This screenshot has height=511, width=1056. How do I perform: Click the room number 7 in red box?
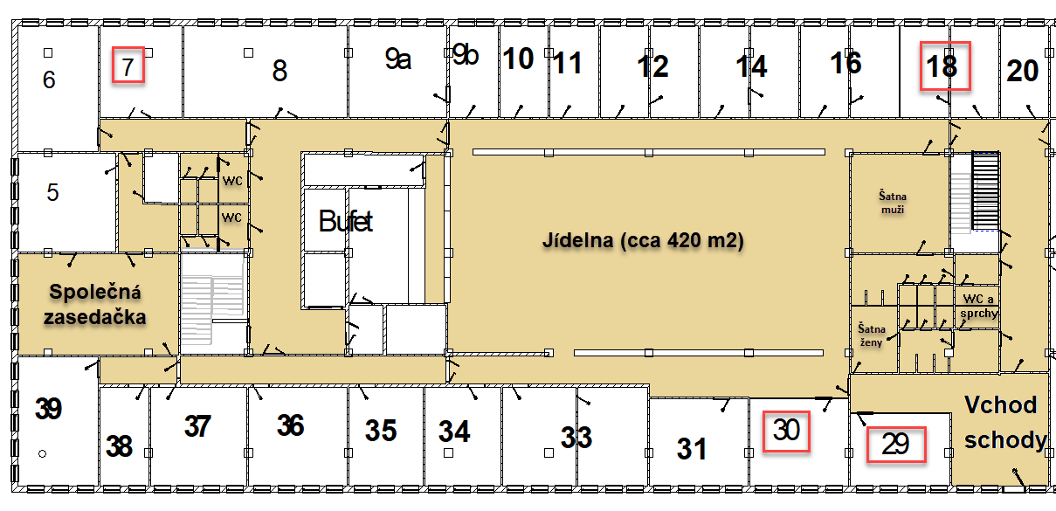point(128,67)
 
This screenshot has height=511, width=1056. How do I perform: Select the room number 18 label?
point(942,66)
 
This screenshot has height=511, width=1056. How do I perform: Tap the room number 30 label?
point(786,430)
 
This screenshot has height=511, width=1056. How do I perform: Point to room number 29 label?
point(895,444)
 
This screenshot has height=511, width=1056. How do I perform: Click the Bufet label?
point(346,221)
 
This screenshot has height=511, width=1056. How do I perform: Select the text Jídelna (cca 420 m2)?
point(643,240)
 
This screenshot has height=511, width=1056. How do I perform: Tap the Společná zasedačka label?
point(94,305)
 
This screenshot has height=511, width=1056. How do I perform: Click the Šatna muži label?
point(893,203)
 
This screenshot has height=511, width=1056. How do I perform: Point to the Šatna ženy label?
point(871,335)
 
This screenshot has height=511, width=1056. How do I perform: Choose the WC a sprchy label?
point(979,306)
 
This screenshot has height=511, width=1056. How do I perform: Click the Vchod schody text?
point(1004,423)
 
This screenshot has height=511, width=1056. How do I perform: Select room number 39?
point(48,409)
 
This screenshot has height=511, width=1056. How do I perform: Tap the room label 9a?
point(398,59)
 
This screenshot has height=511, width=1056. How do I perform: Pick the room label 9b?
point(466,55)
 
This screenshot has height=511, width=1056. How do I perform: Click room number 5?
point(52,192)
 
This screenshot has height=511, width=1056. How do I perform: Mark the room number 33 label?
point(576,437)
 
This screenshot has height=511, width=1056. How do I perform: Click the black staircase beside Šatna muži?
point(985,191)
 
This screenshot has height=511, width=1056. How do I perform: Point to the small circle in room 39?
point(43,454)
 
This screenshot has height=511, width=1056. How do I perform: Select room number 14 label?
point(751,66)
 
